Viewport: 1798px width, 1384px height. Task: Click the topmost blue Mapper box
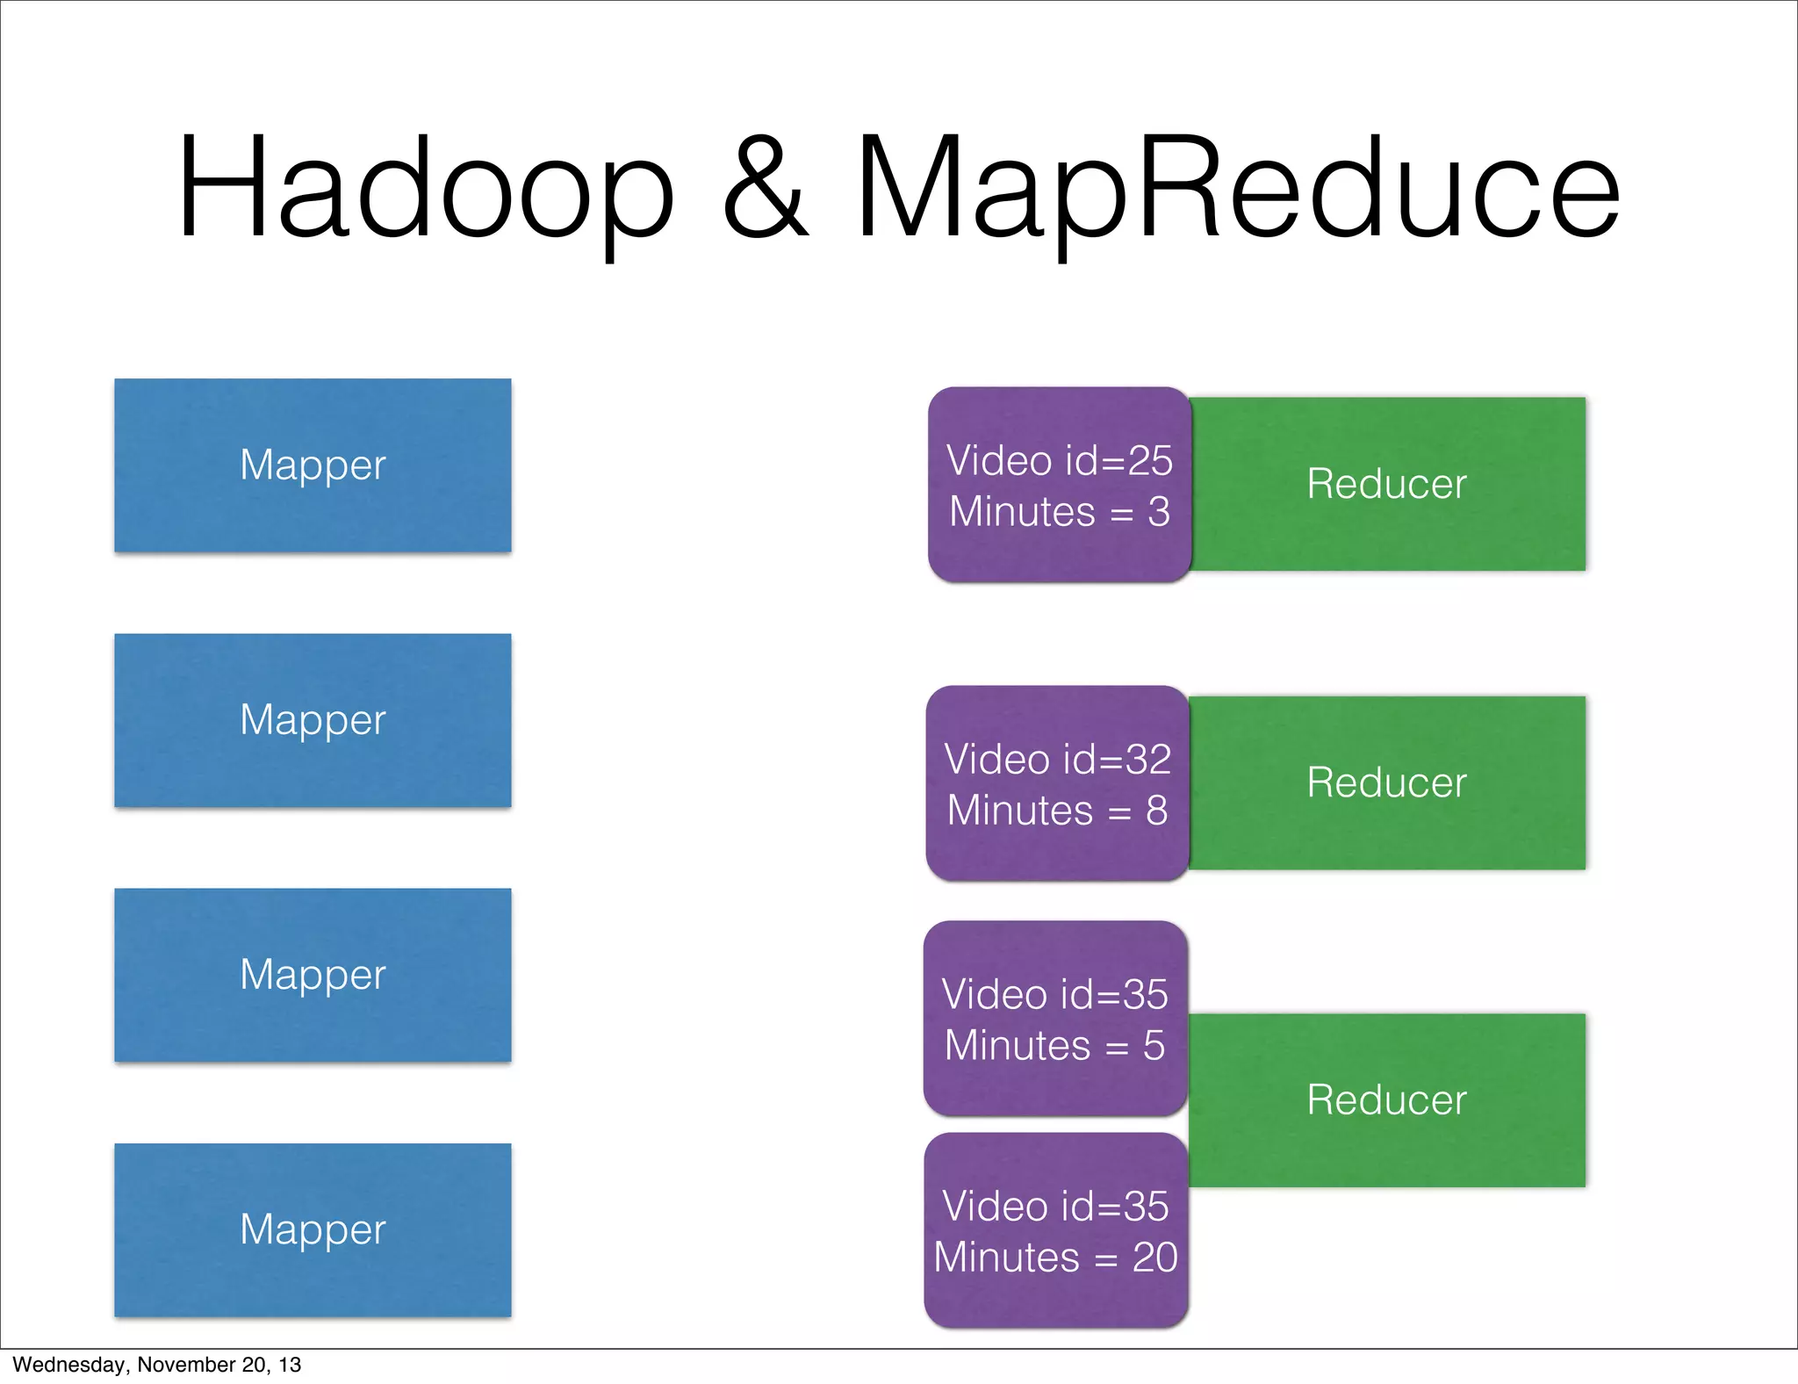coord(313,465)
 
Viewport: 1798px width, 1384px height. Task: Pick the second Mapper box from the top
coord(313,720)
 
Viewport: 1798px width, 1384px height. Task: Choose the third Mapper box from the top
coord(313,975)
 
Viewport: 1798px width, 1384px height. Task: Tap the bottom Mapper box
coord(313,1229)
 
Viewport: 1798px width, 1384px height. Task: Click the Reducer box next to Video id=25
coord(1387,484)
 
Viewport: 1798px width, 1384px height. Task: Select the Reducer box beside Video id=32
coord(1387,782)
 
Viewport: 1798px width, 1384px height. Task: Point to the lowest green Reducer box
coord(1387,1100)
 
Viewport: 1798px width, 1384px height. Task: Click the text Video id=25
coord(1059,461)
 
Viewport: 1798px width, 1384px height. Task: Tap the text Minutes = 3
coord(1059,512)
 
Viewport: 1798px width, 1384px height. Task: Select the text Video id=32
coord(1057,760)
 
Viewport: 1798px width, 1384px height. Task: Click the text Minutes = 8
coord(1057,811)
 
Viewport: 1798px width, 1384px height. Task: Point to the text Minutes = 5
coord(1054,1046)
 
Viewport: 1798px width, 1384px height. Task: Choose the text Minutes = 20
coord(1055,1258)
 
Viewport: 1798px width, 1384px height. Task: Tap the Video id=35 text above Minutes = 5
coord(1054,995)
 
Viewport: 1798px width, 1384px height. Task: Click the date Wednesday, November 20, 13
coord(156,1365)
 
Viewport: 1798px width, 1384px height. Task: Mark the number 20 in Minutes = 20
coord(1154,1258)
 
